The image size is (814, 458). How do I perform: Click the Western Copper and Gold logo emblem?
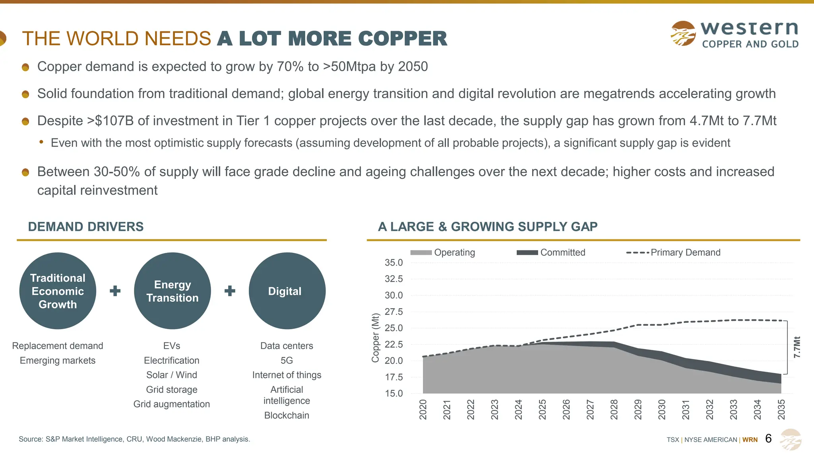point(683,33)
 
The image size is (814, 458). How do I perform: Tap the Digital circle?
point(287,291)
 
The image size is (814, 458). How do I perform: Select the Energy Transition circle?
point(172,291)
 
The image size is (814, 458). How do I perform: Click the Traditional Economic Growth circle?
point(58,291)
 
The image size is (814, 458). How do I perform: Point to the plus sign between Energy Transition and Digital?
point(230,291)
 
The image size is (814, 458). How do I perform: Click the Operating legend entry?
point(443,252)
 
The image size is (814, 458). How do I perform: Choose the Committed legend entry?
point(551,252)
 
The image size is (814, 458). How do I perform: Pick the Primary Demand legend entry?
point(673,252)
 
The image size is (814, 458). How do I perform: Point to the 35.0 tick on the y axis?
point(393,263)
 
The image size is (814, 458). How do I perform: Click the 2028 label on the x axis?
point(614,409)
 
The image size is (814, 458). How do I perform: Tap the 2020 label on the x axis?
point(423,409)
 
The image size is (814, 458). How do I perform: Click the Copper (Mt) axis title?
point(375,338)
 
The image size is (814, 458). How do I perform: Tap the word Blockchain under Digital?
point(287,415)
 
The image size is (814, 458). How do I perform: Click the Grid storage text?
point(172,390)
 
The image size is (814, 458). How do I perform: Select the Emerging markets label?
point(58,361)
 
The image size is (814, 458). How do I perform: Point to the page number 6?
point(768,439)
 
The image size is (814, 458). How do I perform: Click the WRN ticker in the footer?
point(750,440)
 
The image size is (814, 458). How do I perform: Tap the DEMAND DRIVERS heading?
point(86,227)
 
